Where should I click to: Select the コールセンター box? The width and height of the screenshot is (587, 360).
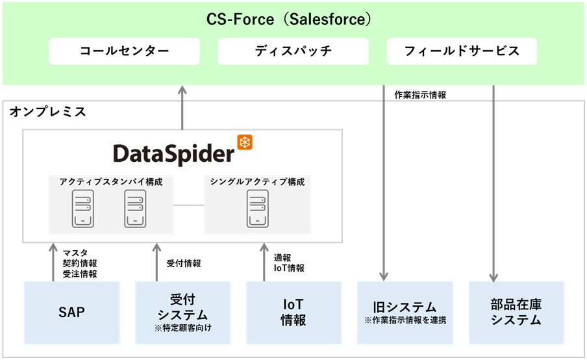(x=124, y=51)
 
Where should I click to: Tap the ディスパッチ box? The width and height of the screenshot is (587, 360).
(x=293, y=51)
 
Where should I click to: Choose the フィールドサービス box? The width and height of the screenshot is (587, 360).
(x=462, y=51)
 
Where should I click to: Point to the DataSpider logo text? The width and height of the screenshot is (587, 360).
(x=173, y=153)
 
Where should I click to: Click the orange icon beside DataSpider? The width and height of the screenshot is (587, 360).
(x=245, y=142)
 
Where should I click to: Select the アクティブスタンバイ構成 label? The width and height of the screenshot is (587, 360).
(x=111, y=182)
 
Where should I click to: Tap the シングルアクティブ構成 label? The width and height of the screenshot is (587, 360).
(x=257, y=182)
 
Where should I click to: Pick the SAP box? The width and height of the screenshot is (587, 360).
(x=71, y=313)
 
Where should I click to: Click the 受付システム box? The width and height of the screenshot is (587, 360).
(x=182, y=313)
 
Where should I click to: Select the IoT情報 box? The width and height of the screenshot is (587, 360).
(x=293, y=313)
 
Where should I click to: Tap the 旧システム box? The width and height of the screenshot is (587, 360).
(x=405, y=311)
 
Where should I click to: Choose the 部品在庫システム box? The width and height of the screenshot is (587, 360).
(x=516, y=313)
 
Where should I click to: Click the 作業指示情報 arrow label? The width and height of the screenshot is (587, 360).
(x=419, y=95)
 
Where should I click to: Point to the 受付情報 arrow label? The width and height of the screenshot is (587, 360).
(x=184, y=263)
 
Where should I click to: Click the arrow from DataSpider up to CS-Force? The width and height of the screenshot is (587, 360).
(x=182, y=107)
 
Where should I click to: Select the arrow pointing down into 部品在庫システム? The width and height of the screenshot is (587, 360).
(x=494, y=182)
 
